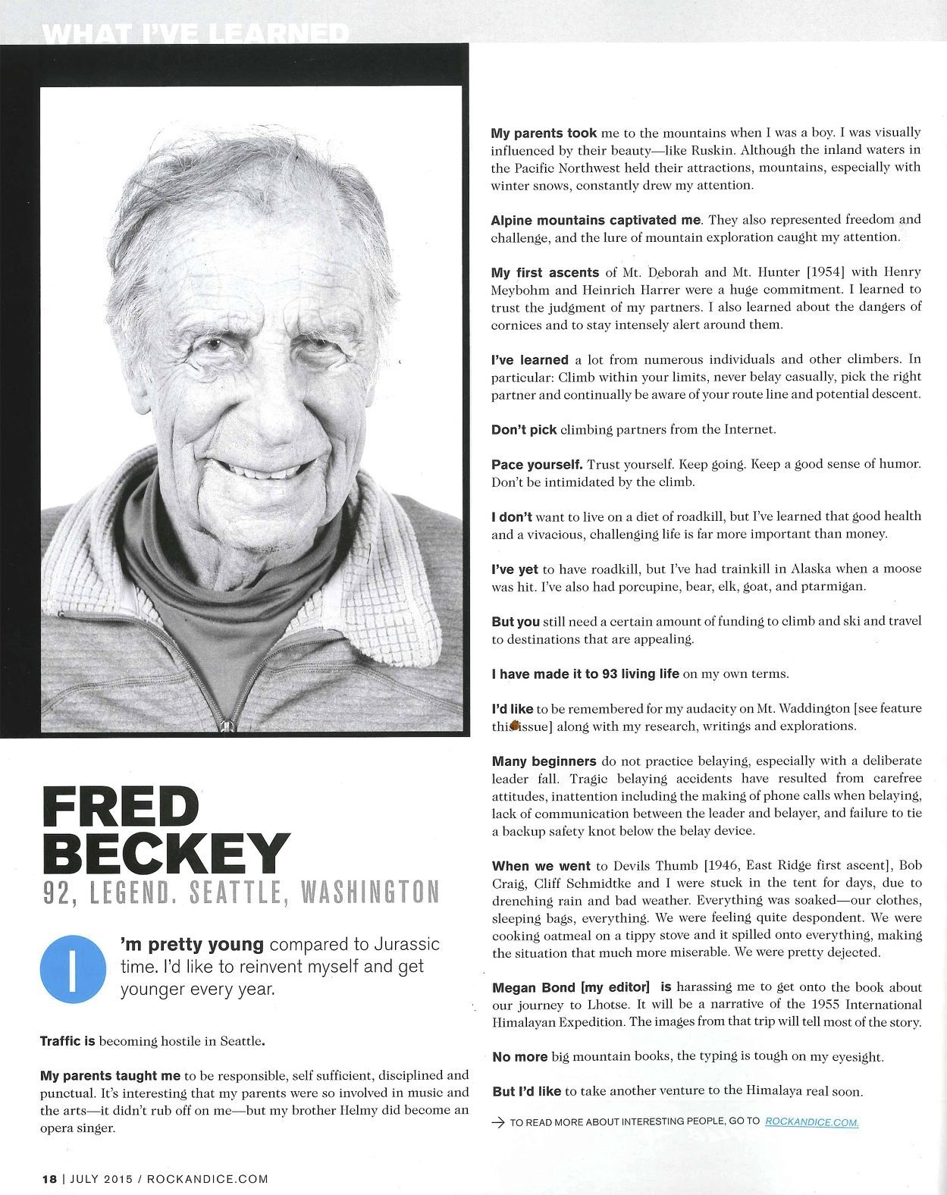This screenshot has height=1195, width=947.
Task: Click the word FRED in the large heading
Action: coord(120,808)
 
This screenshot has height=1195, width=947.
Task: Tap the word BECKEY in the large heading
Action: coord(166,855)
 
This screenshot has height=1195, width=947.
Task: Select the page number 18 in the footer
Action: coord(49,1179)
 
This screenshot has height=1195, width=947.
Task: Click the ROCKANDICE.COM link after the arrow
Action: coord(811,1121)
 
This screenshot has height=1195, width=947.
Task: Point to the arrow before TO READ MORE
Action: coord(498,1122)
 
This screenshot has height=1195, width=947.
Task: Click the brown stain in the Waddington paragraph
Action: coord(514,726)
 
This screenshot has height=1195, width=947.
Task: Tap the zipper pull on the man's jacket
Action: coord(225,726)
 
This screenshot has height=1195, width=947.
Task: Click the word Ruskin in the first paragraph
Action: coord(710,149)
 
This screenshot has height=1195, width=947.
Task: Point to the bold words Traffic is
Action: coord(67,1041)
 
